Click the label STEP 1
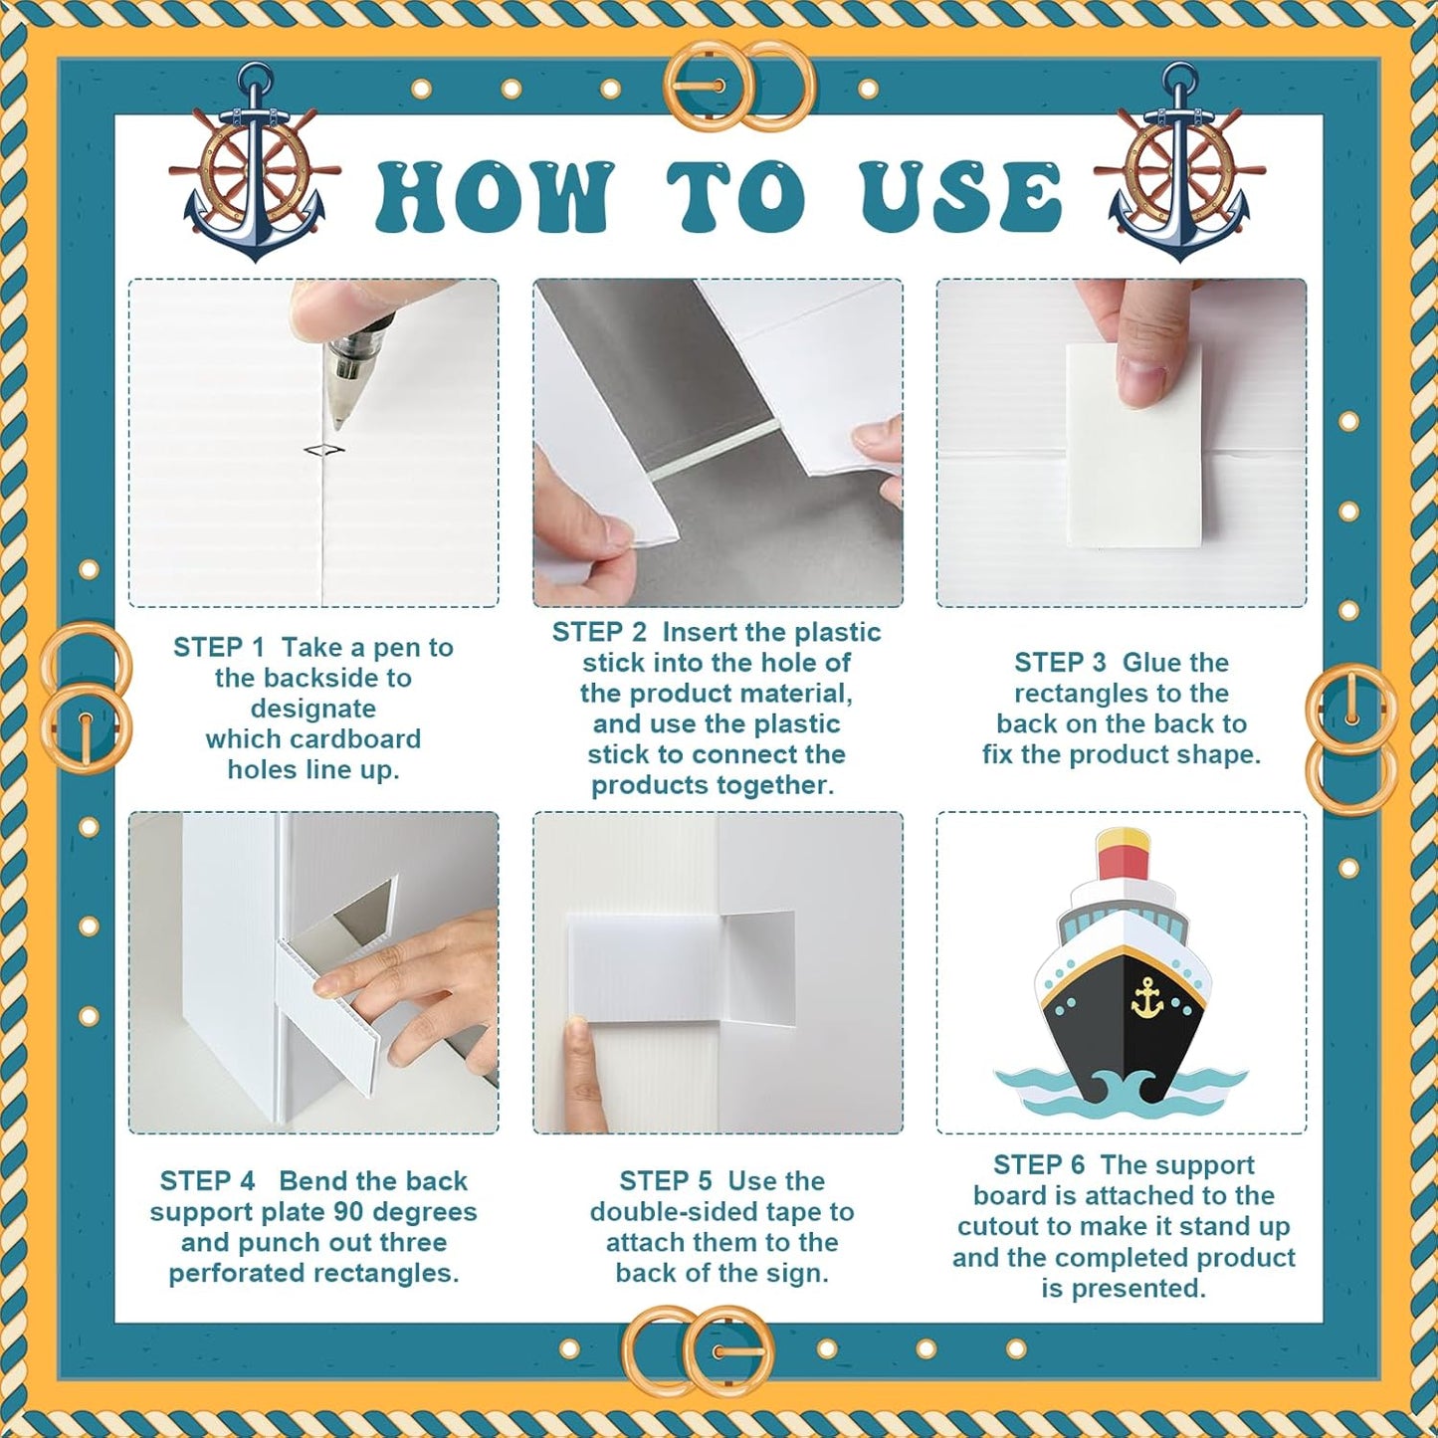click(219, 647)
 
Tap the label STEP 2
click(598, 632)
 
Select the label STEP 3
click(1060, 663)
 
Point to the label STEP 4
click(207, 1181)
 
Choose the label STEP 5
click(666, 1181)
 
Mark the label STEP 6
click(1040, 1165)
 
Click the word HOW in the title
click(494, 195)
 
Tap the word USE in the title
click(960, 195)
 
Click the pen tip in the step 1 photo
click(338, 425)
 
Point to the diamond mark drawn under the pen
click(325, 450)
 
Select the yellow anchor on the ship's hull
click(1147, 998)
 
